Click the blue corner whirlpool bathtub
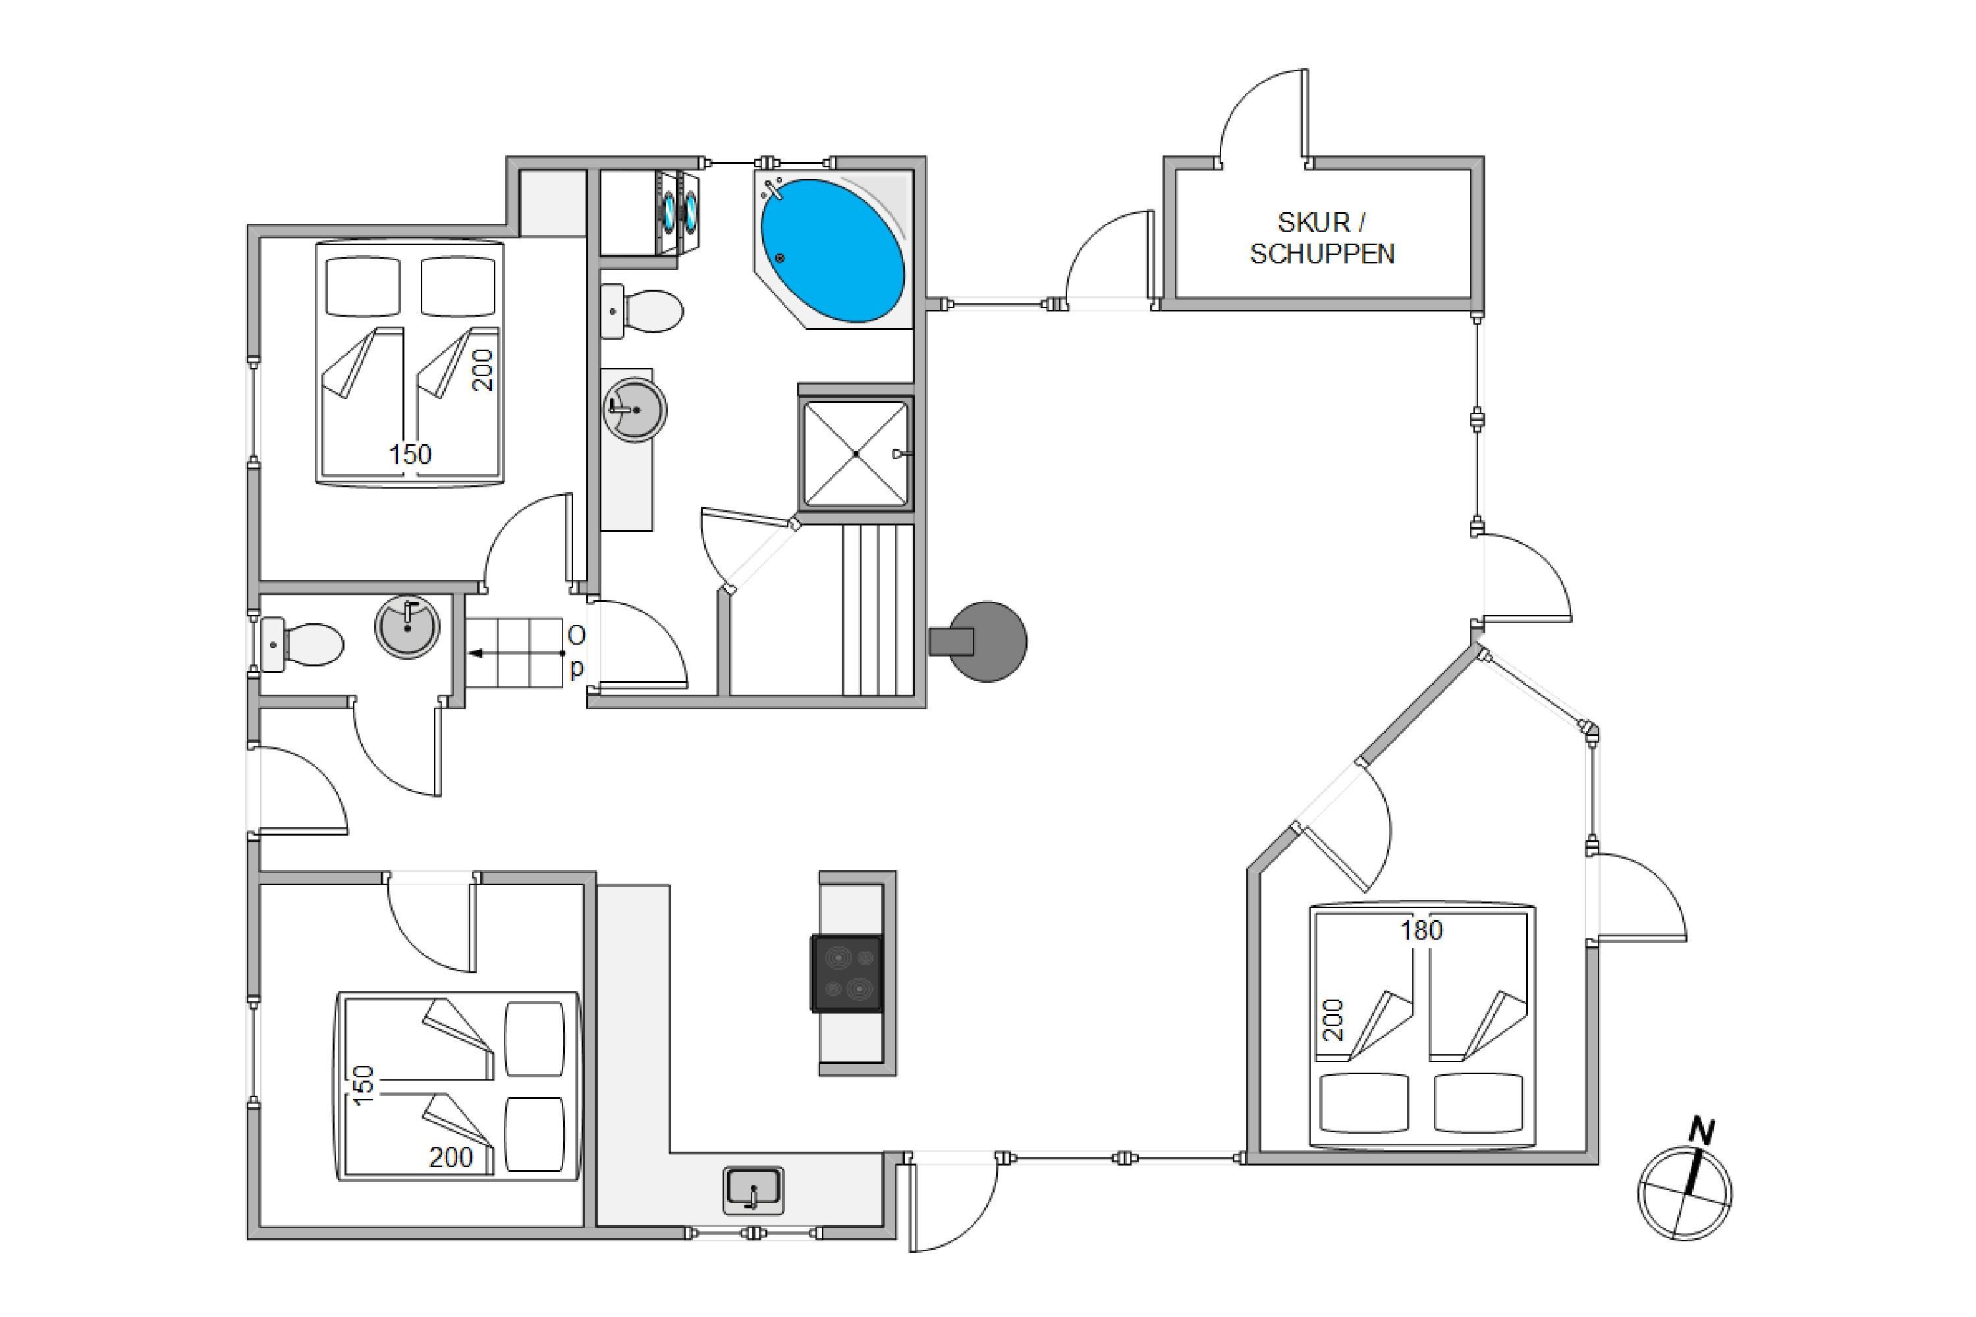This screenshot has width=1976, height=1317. pos(833,250)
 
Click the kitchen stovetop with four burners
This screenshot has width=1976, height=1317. pos(847,973)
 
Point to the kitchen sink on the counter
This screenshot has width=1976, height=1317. pos(753,1190)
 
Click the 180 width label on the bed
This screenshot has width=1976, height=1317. pos(1421,930)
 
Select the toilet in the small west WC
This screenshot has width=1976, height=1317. pos(302,644)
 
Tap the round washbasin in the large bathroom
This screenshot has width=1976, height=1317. pos(634,409)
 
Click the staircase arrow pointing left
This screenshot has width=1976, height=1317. pos(515,653)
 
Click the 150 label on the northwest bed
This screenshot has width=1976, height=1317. pos(410,454)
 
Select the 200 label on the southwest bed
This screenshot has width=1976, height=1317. pos(451,1158)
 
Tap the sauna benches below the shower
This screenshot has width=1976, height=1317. pos(878,610)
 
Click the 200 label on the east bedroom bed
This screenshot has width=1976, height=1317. pos(1333,1021)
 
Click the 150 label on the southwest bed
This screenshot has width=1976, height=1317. pos(363,1085)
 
